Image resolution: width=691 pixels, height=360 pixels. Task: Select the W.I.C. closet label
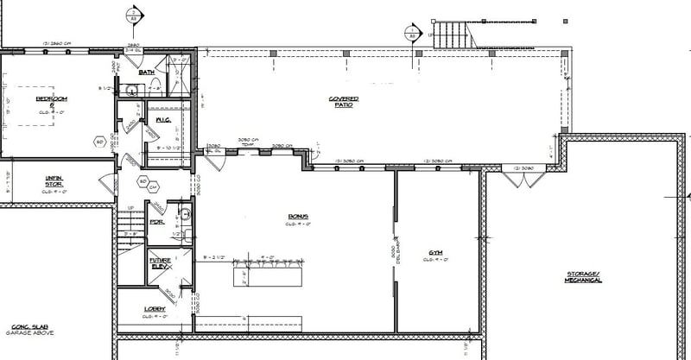pyautogui.click(x=162, y=119)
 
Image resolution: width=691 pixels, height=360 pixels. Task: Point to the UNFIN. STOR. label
pyautogui.click(x=54, y=180)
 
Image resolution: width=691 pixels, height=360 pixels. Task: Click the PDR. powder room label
pyautogui.click(x=157, y=221)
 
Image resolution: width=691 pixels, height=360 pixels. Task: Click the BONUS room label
pyautogui.click(x=298, y=217)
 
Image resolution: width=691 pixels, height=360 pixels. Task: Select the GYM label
pyautogui.click(x=436, y=253)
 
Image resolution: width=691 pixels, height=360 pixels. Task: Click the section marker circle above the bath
pyautogui.click(x=133, y=16)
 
